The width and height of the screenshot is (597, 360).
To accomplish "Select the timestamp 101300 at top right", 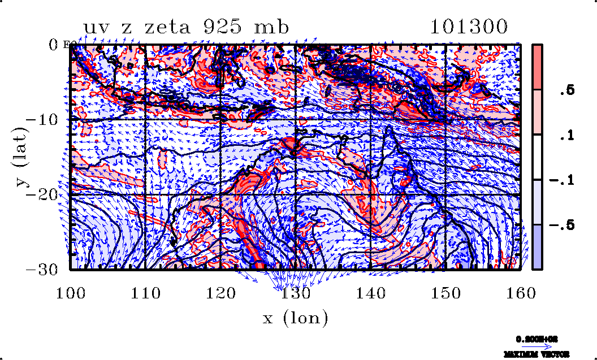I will (x=469, y=27).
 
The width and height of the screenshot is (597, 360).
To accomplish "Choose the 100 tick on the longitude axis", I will (x=71, y=292).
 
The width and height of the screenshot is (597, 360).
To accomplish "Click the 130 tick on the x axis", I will (x=296, y=292).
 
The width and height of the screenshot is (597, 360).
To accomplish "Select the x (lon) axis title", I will (x=295, y=318).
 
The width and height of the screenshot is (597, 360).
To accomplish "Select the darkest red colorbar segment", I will (x=538, y=67).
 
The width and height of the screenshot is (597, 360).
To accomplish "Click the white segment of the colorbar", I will (x=538, y=157).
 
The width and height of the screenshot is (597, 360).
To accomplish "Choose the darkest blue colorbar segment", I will (x=538, y=247).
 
